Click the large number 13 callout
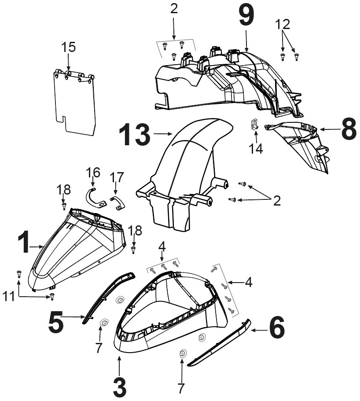click(135, 134)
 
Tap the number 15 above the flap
click(69, 47)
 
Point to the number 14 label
click(256, 149)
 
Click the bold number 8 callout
click(349, 129)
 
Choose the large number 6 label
click(277, 327)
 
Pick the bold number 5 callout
click(56, 321)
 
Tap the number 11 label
click(9, 297)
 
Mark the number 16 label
click(93, 173)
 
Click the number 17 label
click(117, 177)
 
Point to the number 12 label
click(283, 25)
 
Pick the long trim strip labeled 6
click(219, 343)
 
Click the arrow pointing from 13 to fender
click(163, 133)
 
